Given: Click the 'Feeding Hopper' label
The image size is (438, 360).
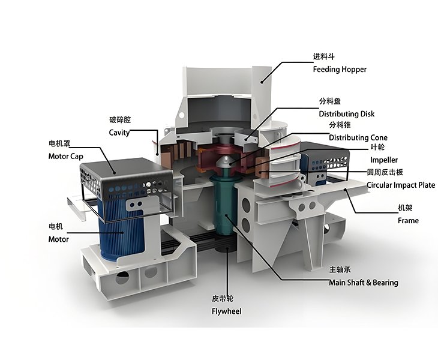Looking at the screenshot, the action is pos(340,69).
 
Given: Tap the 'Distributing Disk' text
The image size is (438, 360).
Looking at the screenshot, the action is pos(346,113).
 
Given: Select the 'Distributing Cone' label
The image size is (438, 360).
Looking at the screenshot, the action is pos(358,137).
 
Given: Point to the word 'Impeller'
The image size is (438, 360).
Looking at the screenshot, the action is pos(384,160).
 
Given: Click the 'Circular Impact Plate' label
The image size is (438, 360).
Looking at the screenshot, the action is pos(401,185).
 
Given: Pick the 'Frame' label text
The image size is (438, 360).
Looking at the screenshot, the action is pos(408,221).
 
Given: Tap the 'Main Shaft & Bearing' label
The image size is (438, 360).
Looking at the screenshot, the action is pos(364,283).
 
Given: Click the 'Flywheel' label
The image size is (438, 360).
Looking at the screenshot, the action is pos(226,311).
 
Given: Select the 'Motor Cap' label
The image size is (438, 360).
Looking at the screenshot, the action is pos(65,156).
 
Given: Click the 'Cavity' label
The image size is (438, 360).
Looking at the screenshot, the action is pos(119,133).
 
